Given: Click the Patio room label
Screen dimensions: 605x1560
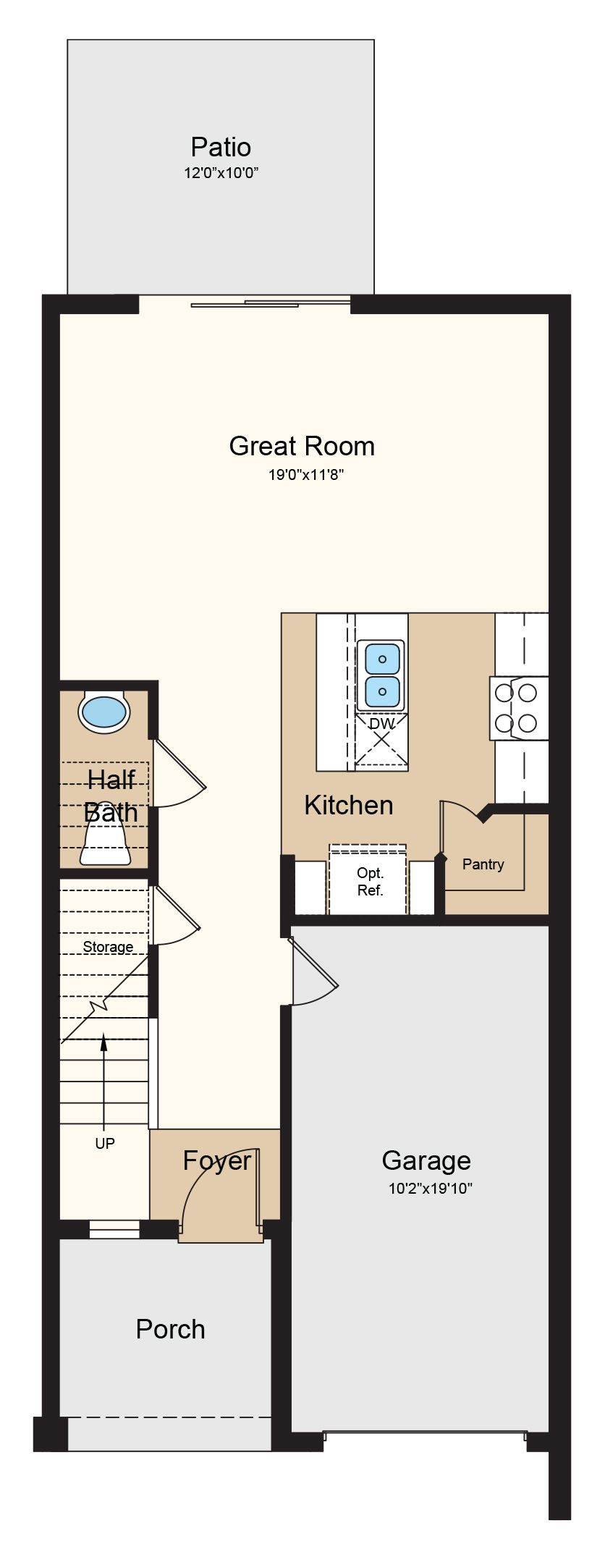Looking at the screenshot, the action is click(221, 147).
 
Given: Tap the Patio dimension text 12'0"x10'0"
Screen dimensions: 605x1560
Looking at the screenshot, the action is click(221, 173).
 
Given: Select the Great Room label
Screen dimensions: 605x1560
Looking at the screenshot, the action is click(302, 446).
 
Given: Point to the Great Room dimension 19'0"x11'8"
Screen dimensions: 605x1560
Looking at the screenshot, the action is click(301, 476).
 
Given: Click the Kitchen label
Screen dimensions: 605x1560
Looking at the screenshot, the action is click(349, 805).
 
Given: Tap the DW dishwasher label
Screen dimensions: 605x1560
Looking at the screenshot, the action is click(382, 723).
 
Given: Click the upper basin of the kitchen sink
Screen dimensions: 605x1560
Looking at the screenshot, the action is click(382, 658).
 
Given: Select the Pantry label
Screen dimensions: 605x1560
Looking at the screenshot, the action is click(483, 864).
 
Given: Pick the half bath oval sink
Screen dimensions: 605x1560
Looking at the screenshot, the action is click(105, 712).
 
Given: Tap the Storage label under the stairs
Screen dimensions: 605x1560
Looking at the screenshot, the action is click(108, 947).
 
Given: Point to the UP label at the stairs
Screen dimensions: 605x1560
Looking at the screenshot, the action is click(105, 1144).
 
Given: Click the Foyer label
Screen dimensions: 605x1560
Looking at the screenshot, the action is click(217, 1160).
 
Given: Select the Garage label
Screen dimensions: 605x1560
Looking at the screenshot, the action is click(426, 1160).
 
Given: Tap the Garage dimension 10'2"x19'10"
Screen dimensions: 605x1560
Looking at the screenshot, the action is click(431, 1188).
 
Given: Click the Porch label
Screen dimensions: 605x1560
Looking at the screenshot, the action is click(171, 1329).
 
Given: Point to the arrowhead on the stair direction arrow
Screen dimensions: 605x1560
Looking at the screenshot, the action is click(103, 1042).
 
